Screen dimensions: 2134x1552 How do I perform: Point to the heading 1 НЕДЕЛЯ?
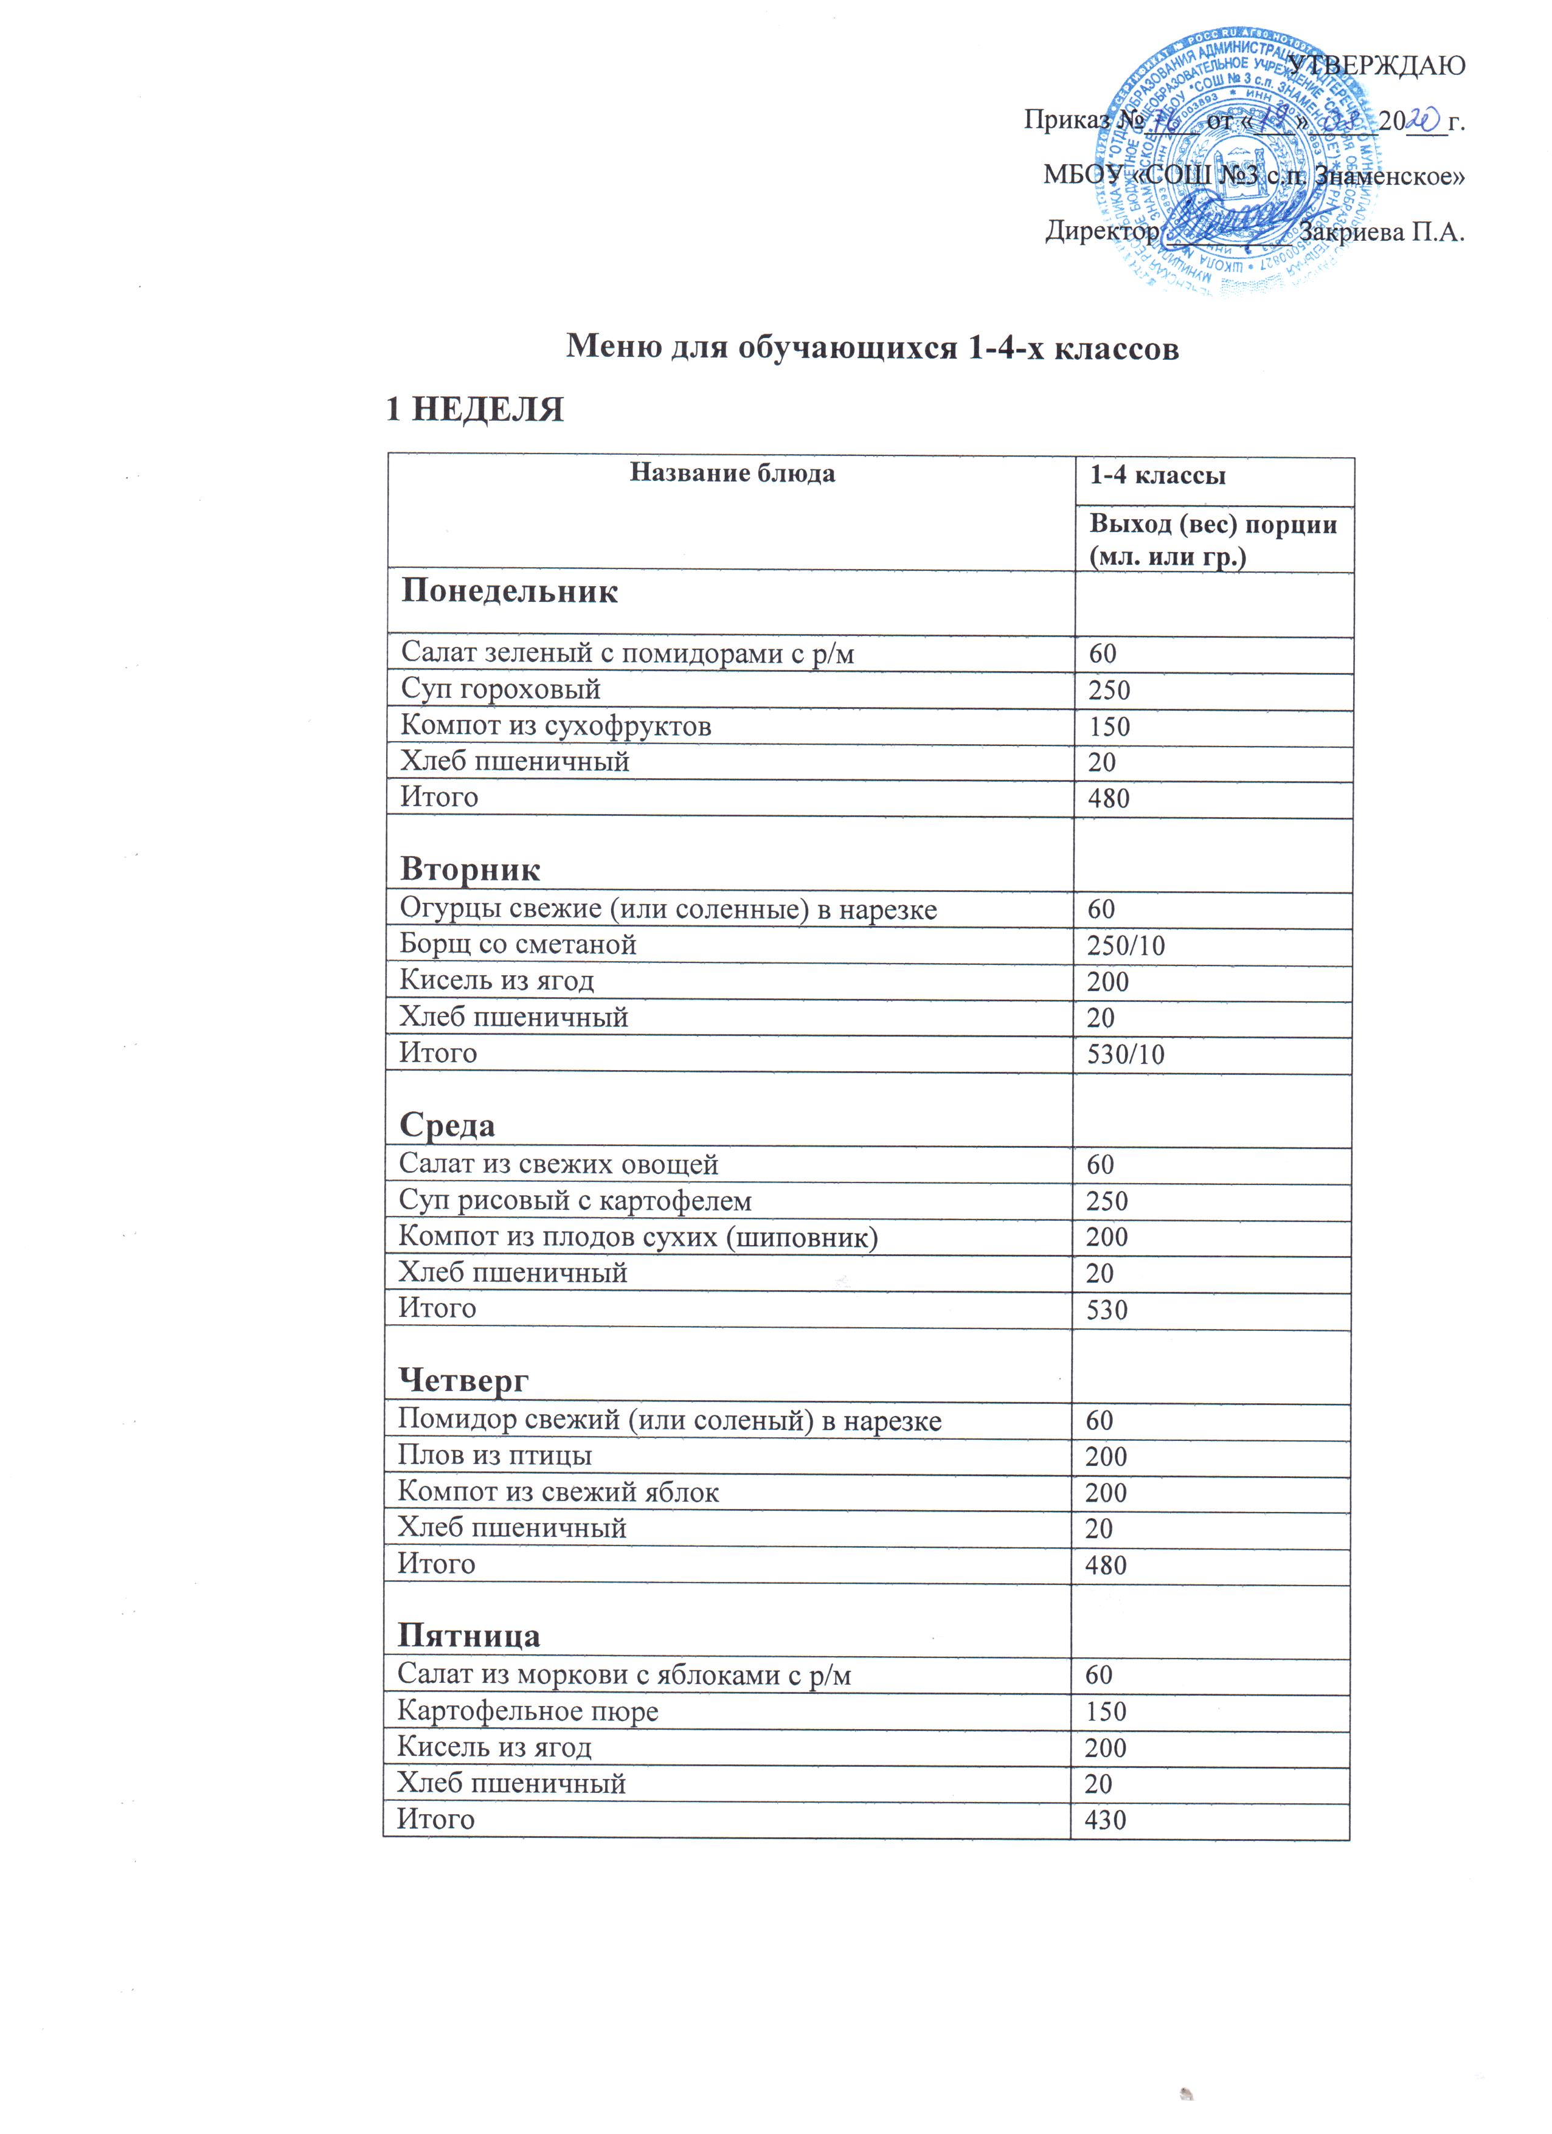(476, 409)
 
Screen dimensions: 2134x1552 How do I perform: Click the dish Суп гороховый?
(501, 689)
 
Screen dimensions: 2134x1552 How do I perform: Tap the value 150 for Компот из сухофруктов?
(1109, 727)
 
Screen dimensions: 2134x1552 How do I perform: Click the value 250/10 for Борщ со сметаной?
(1126, 945)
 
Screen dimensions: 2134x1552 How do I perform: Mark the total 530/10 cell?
(1126, 1054)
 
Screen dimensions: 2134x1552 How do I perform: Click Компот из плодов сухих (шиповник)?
(637, 1237)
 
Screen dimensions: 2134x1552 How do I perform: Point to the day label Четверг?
(463, 1380)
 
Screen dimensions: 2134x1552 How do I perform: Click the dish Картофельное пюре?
(527, 1711)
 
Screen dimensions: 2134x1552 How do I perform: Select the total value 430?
(1105, 1820)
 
